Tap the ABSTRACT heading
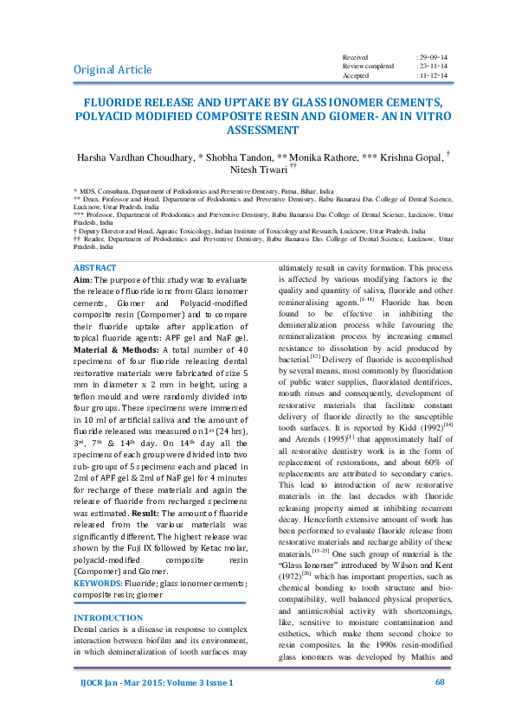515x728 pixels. click(x=95, y=245)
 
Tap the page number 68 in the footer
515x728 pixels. click(x=439, y=706)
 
